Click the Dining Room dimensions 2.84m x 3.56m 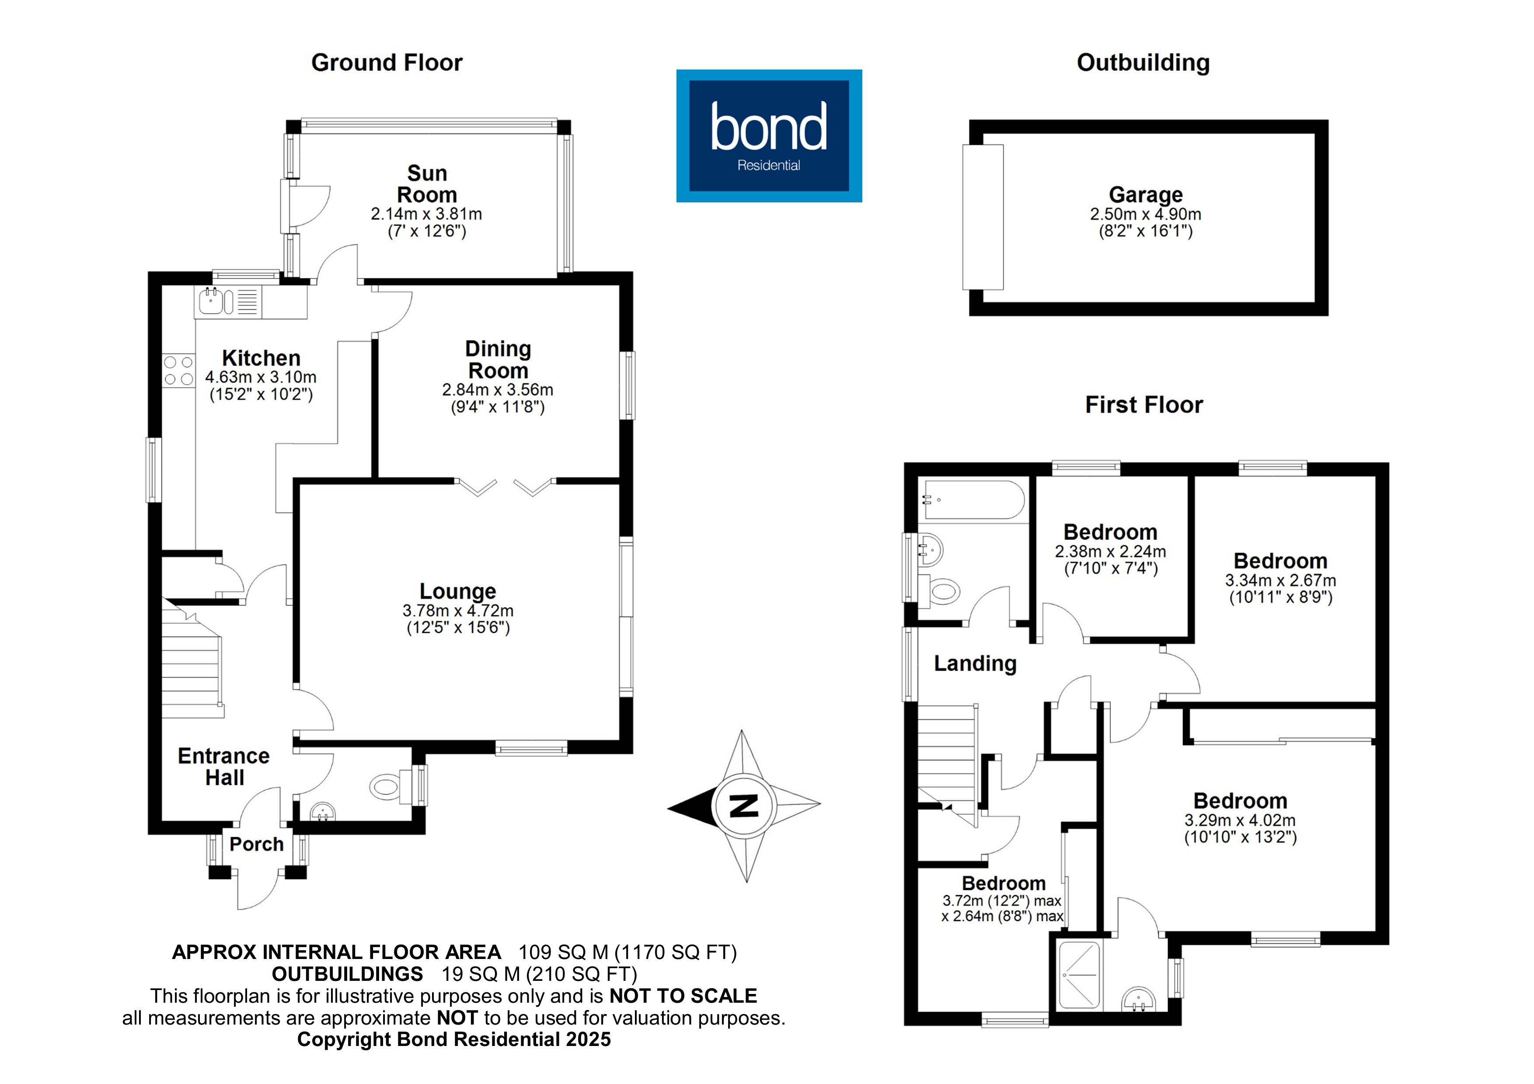click(x=498, y=389)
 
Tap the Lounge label click(x=458, y=591)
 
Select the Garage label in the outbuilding click(x=1145, y=195)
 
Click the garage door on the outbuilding click(x=983, y=217)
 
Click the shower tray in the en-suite click(x=1079, y=976)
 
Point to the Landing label click(x=975, y=663)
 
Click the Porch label click(x=257, y=844)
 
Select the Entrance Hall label click(x=224, y=767)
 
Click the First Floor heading click(x=1144, y=405)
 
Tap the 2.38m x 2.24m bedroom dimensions click(x=1110, y=552)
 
